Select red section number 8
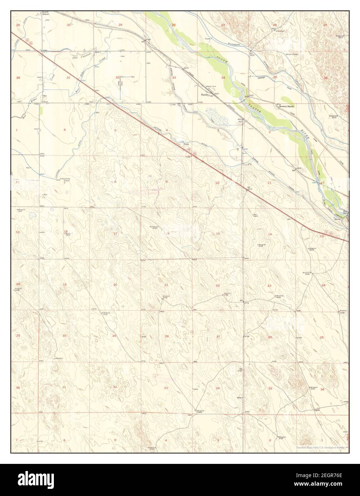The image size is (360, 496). tap(115, 182)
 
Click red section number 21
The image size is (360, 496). tap(166, 285)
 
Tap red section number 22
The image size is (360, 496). tap(218, 285)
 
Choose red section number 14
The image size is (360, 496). tap(270, 234)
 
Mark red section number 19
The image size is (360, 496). tap(65, 284)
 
